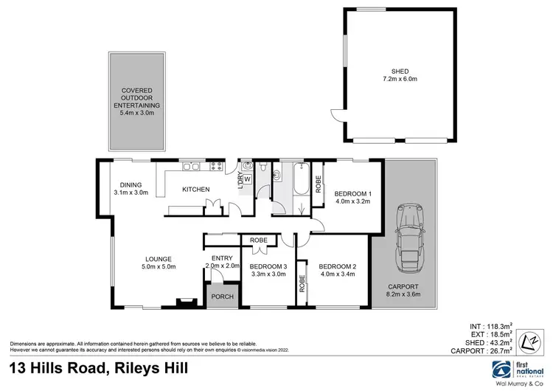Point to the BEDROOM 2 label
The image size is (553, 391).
coord(338,266)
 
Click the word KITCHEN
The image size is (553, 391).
coord(197,190)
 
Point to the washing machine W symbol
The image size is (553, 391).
coord(247,179)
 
